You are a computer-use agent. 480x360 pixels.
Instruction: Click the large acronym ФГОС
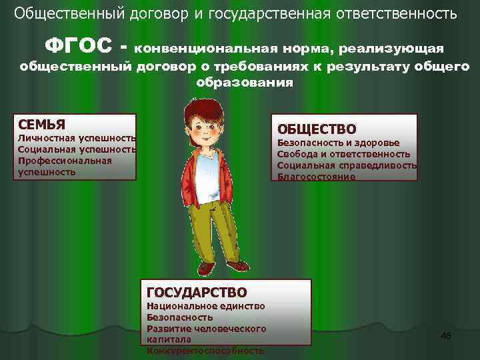[x=78, y=47]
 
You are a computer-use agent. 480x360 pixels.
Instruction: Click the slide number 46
[x=446, y=336]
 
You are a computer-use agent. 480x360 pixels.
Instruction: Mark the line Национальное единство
[x=205, y=306]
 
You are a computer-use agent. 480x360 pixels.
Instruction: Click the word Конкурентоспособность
[x=205, y=351]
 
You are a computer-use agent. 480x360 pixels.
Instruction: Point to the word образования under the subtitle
[x=245, y=83]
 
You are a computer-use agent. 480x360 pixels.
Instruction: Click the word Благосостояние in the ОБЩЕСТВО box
[x=316, y=177]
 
